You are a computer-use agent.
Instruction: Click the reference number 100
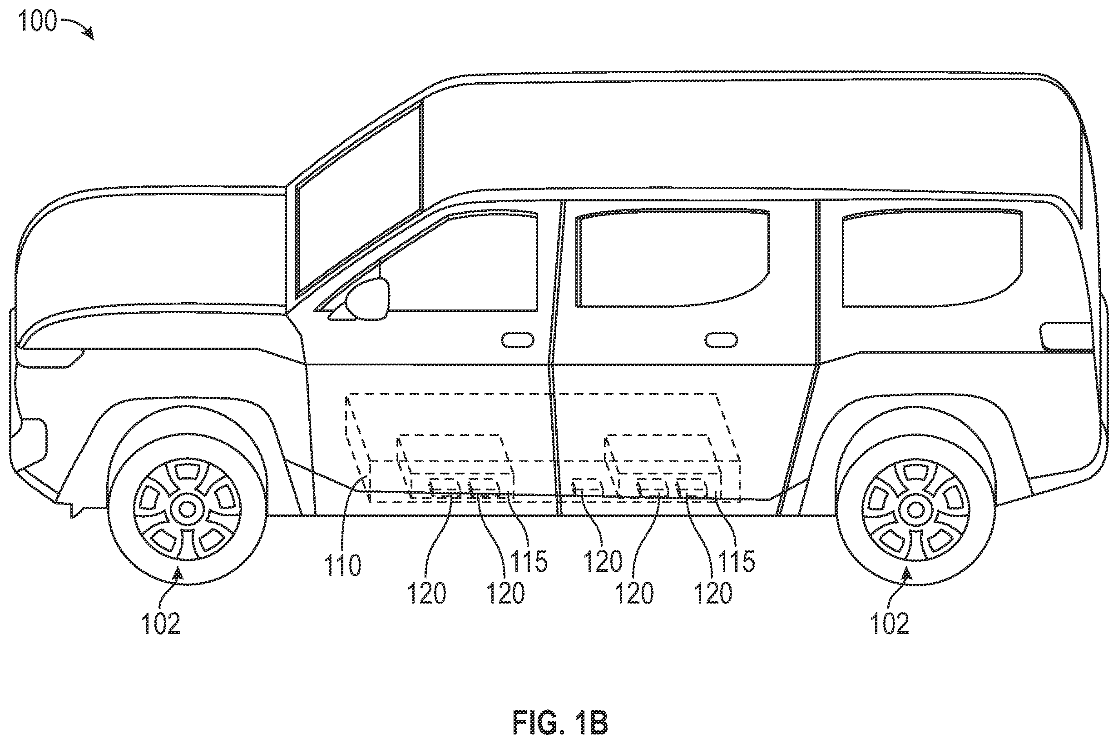[x=38, y=21]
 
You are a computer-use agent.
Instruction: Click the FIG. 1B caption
[x=560, y=723]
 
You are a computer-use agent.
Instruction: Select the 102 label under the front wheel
[x=161, y=623]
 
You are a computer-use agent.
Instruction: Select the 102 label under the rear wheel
[x=890, y=623]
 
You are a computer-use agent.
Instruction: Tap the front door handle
[x=518, y=340]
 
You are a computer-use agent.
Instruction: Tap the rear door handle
[x=721, y=340]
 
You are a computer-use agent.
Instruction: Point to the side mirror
[x=367, y=299]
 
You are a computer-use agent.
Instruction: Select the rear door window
[x=673, y=259]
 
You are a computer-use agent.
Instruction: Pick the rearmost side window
[x=932, y=259]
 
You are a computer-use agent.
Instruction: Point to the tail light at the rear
[x=1065, y=337]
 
